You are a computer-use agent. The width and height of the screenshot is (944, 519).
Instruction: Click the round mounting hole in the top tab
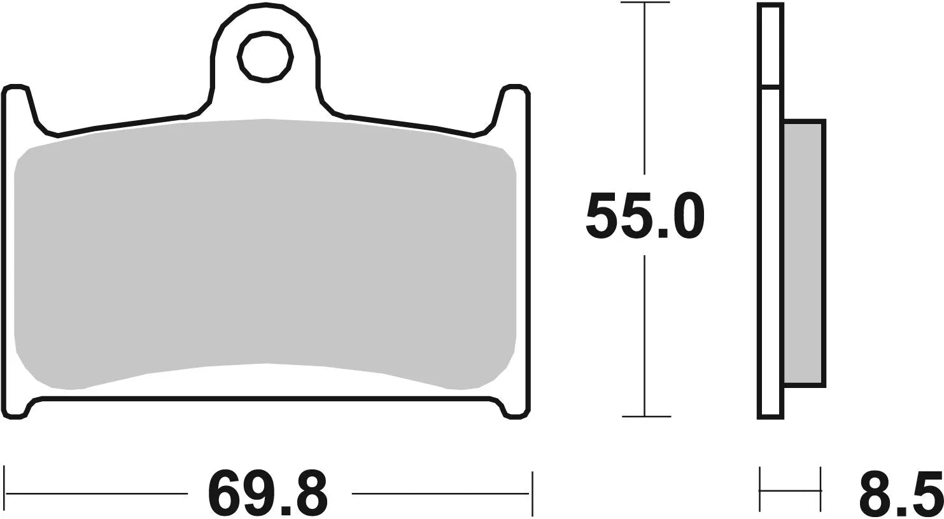tap(265, 57)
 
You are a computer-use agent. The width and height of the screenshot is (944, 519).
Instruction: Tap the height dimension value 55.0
tap(645, 216)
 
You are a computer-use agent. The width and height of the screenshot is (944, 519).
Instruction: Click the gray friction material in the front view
tap(264, 254)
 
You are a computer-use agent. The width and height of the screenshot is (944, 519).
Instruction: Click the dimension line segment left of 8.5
tap(790, 490)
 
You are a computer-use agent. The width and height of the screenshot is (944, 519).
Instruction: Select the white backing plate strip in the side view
tap(771, 254)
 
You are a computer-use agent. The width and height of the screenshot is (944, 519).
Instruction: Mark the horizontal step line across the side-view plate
tap(771, 87)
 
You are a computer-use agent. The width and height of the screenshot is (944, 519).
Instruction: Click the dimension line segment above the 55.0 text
tap(645, 89)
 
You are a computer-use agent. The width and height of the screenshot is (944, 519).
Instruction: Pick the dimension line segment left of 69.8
tap(95, 493)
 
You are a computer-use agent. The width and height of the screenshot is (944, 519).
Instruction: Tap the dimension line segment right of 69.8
tap(439, 493)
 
